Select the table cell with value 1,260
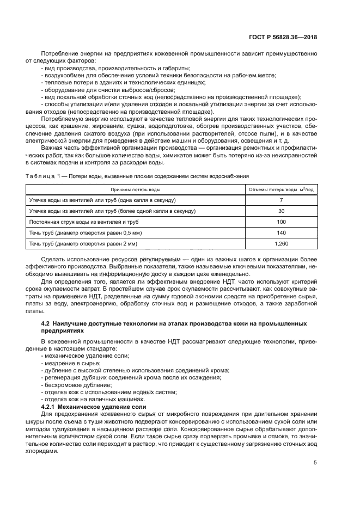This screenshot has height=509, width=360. coord(280,243)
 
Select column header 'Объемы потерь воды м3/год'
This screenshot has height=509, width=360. coord(280,189)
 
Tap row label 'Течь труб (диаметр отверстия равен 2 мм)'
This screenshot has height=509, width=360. coord(75,243)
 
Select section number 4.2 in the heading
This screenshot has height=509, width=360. coord(46,324)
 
